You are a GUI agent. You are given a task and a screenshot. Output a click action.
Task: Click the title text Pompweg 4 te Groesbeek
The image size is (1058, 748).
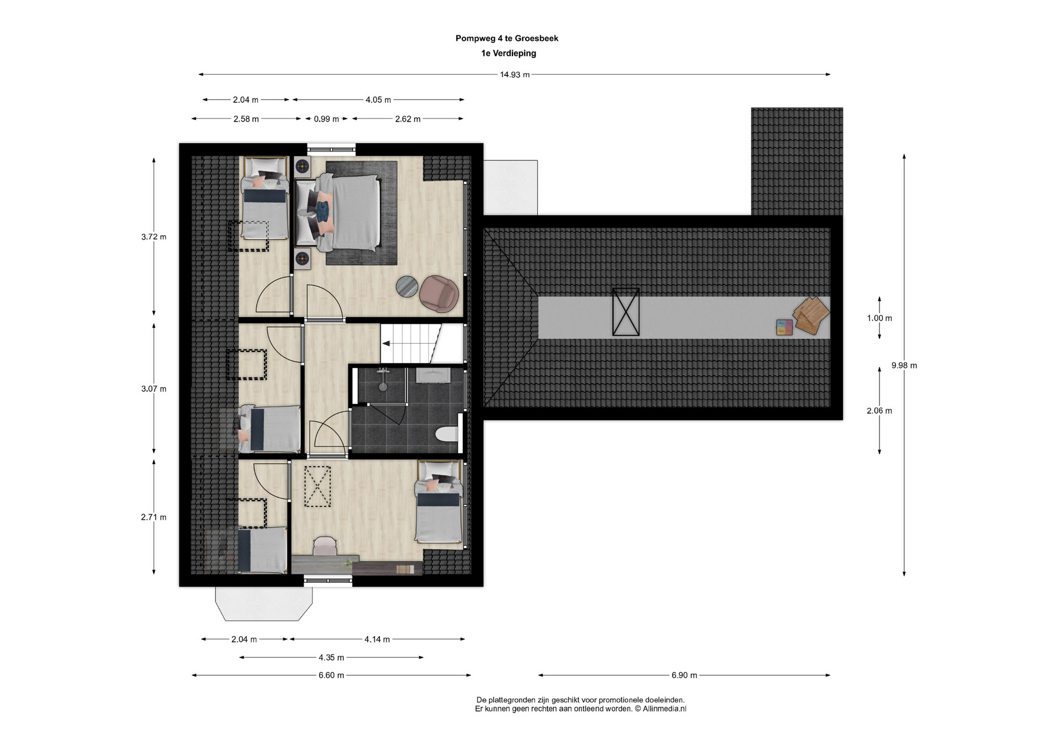click(507, 39)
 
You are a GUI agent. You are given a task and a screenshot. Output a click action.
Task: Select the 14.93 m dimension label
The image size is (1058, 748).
click(515, 75)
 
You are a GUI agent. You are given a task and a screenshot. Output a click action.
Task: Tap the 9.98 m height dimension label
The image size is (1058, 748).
click(904, 365)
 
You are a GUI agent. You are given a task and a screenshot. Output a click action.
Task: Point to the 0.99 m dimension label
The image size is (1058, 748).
click(326, 119)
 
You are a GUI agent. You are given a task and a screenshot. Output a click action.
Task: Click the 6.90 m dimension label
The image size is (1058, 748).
click(684, 675)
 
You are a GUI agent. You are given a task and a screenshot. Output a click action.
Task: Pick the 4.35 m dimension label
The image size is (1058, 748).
click(331, 658)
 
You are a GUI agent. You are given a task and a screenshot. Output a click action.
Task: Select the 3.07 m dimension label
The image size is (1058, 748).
click(154, 389)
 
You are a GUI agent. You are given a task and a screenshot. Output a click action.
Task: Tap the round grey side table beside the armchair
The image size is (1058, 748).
click(407, 286)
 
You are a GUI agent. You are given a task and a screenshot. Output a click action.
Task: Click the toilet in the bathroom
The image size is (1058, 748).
click(447, 435)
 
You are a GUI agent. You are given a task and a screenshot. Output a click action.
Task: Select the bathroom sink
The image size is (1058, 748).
click(433, 376)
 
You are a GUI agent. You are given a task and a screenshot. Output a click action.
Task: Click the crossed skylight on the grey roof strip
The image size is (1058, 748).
click(626, 312)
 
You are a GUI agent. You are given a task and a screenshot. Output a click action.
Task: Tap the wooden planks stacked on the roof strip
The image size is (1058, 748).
click(811, 315)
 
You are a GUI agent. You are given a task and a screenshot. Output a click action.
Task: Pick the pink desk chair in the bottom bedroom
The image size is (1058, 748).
click(325, 546)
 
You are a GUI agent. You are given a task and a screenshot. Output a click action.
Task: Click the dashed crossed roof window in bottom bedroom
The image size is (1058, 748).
click(317, 486)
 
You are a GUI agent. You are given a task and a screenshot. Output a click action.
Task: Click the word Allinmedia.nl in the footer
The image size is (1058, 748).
click(665, 709)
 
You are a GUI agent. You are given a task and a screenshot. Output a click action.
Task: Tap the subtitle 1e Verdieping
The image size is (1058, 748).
click(509, 53)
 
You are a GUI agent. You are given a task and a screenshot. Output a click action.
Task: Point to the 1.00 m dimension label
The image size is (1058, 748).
click(879, 318)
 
